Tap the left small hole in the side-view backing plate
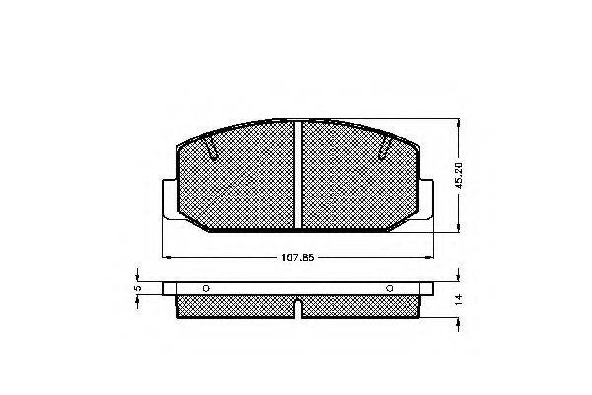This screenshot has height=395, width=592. pos(205,289)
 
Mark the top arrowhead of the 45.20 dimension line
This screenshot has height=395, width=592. pos(458,124)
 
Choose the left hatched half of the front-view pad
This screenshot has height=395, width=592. pos(237,183)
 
